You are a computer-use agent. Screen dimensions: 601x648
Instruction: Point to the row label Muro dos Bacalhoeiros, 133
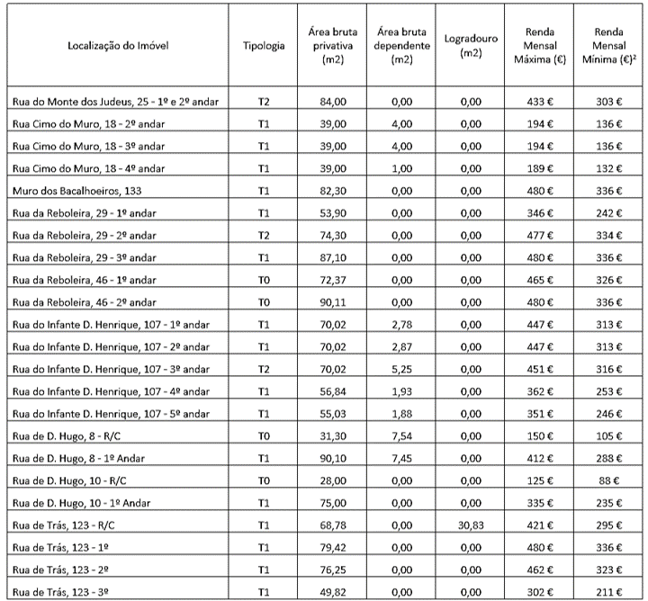(69, 191)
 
